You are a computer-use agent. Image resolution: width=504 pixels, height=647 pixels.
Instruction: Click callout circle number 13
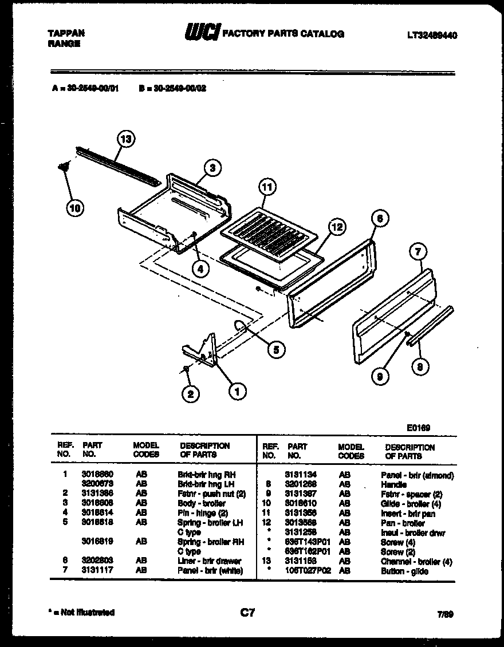[126, 139]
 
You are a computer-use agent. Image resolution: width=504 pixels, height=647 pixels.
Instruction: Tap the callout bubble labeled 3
[212, 168]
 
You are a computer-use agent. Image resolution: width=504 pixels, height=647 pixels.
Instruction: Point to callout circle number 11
[266, 187]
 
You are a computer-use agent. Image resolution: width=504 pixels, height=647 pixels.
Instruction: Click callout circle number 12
[337, 227]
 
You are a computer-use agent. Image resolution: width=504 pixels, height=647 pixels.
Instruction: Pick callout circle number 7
[419, 251]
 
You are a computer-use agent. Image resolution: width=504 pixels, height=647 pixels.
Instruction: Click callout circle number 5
[276, 350]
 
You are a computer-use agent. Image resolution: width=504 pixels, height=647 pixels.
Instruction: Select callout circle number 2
[190, 393]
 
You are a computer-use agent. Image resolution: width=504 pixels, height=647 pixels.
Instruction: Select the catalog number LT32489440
[432, 35]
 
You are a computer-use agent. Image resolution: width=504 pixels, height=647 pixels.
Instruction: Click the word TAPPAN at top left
[65, 33]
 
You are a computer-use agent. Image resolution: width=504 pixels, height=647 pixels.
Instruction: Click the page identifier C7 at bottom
[247, 613]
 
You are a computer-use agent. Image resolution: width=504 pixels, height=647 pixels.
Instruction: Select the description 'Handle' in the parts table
[393, 484]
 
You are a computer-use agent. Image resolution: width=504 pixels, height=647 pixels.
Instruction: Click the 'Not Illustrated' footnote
[82, 613]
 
